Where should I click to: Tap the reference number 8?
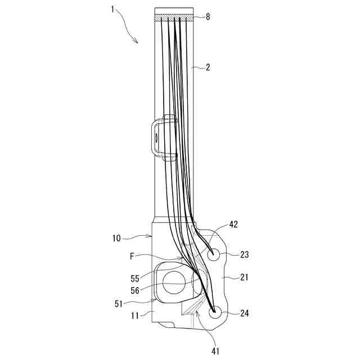[208, 17]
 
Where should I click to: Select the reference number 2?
[208, 67]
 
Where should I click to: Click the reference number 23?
[245, 254]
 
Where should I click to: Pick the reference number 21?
[244, 278]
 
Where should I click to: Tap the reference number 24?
[244, 313]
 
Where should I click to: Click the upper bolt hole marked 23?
[214, 254]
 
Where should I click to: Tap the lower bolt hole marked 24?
[214, 313]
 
